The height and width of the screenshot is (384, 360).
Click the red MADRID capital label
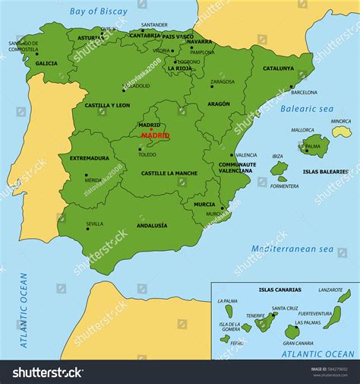(x=155, y=135)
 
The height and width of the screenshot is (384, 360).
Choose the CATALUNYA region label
(x=278, y=68)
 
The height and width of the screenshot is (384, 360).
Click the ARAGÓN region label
(x=217, y=103)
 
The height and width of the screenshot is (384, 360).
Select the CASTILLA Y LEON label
(x=107, y=105)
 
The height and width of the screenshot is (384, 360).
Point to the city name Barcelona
(x=303, y=92)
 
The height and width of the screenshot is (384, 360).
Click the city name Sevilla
(x=94, y=224)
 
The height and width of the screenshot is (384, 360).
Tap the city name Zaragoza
(x=223, y=81)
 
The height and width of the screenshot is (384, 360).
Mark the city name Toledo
(x=147, y=154)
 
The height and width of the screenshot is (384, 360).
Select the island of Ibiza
(x=279, y=167)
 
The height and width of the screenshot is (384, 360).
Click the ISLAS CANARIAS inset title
(x=279, y=290)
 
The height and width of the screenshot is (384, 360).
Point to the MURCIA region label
(x=204, y=204)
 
